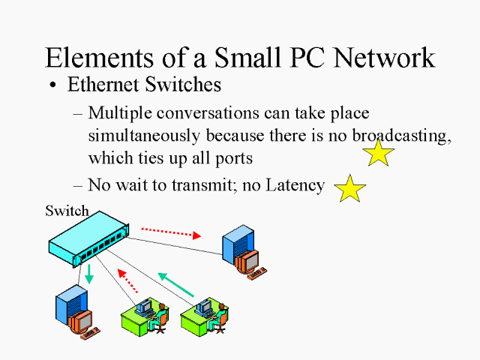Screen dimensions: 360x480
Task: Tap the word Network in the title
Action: tap(381, 58)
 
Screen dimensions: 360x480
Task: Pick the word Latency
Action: tap(292, 184)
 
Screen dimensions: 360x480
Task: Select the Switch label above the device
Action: tap(67, 211)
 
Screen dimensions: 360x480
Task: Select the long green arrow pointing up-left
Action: tap(177, 286)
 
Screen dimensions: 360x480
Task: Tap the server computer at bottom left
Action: tap(73, 313)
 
